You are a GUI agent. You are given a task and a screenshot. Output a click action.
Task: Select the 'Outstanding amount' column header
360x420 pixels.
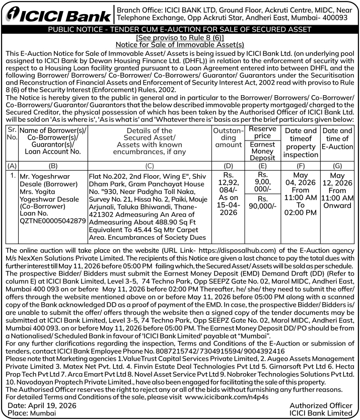[229, 137]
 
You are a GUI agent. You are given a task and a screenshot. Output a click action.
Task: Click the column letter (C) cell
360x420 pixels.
[149, 165]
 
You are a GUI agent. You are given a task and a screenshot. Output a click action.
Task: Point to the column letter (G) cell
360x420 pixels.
[337, 165]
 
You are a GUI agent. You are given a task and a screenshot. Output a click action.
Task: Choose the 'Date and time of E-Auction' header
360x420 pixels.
[337, 138]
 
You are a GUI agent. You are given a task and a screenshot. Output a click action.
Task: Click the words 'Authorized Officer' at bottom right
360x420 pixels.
[321, 405]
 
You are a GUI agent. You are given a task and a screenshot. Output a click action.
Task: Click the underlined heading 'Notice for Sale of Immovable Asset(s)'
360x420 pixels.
[180, 45]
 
